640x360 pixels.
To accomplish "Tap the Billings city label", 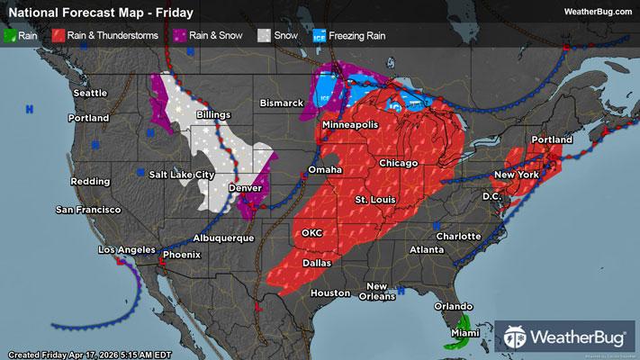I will click(x=208, y=115).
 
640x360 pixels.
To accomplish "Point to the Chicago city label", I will click(x=399, y=163).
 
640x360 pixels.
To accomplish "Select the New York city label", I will click(x=516, y=173).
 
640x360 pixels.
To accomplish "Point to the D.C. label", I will click(x=491, y=195).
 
